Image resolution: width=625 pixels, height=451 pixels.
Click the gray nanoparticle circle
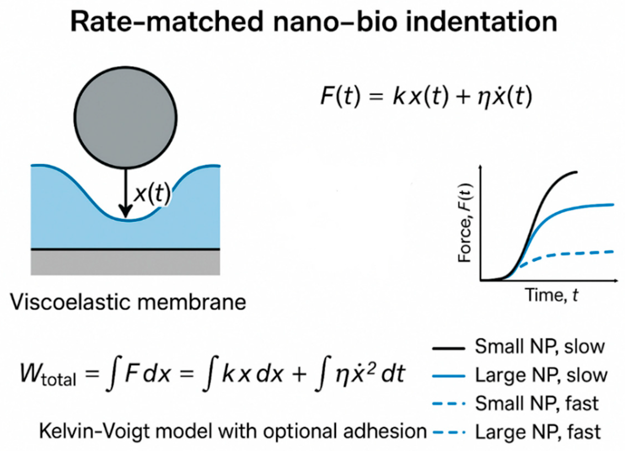[x=126, y=117]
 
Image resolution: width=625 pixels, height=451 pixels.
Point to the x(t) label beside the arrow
[x=152, y=195]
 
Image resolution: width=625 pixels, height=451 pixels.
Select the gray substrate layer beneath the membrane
[x=125, y=262]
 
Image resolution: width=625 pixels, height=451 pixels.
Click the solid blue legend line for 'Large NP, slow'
[x=449, y=376]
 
